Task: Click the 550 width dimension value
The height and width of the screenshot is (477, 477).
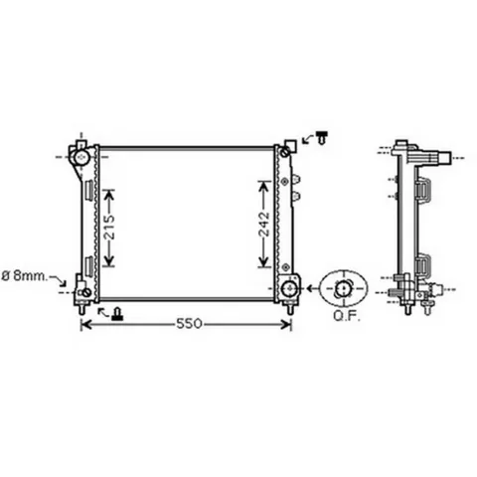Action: tap(189, 324)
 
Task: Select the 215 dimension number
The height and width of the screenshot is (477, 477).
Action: tap(109, 228)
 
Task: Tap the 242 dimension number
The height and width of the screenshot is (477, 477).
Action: tap(264, 224)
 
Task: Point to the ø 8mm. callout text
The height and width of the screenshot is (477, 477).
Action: tap(24, 276)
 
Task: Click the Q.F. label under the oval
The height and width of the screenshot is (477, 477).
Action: tap(347, 317)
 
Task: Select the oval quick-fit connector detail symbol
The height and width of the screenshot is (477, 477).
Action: tap(344, 288)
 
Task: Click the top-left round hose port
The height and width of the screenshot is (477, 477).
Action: tap(80, 157)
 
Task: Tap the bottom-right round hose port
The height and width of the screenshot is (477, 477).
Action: tap(289, 288)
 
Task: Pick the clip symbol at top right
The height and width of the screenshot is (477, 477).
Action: tap(322, 137)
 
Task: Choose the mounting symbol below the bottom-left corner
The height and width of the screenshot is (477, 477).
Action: tap(117, 314)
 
